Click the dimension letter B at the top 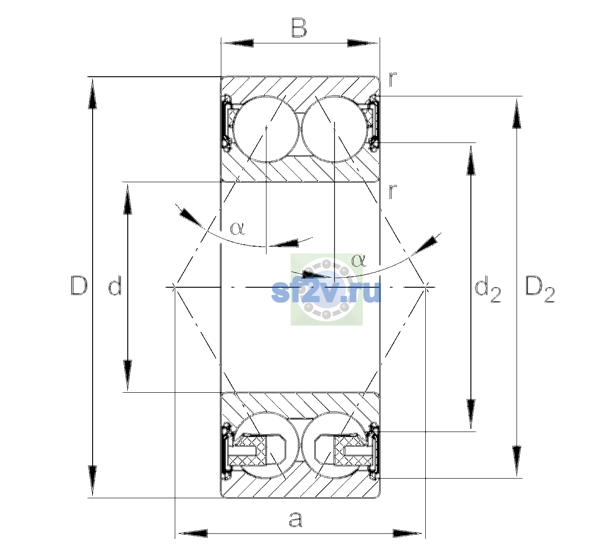point(299,28)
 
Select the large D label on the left point(79,285)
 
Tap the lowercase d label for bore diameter point(115,285)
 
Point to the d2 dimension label point(488,289)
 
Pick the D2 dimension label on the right point(540,289)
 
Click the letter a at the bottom point(296,519)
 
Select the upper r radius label point(392,79)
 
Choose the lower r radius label point(392,191)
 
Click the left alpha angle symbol point(237,228)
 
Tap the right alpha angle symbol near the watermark point(359,260)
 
